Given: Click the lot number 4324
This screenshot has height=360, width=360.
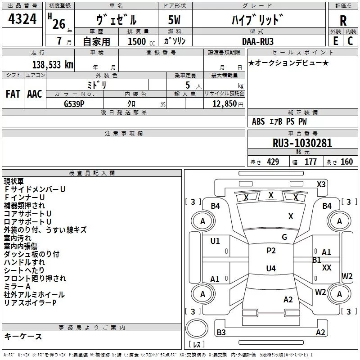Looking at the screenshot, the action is pyautogui.click(x=22, y=19).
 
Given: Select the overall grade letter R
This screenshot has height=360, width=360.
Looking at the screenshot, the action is pyautogui.click(x=343, y=21).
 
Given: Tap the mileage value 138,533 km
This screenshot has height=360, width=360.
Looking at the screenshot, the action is pyautogui.click(x=53, y=65).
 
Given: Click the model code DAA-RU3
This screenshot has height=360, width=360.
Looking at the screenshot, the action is pyautogui.click(x=258, y=41).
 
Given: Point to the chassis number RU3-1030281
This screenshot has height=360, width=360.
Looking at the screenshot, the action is pyautogui.click(x=302, y=143).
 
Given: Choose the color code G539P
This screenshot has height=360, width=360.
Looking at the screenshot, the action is pyautogui.click(x=74, y=104).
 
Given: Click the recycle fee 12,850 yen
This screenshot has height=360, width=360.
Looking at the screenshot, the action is pyautogui.click(x=228, y=104).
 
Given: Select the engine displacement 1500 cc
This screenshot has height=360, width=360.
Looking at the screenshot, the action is pyautogui.click(x=141, y=41).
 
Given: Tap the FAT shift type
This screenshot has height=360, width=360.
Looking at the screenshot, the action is pyautogui.click(x=13, y=94).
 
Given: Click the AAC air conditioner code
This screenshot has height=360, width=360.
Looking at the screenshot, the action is pyautogui.click(x=35, y=94).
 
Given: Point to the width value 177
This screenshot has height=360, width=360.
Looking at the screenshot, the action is pyautogui.click(x=310, y=162).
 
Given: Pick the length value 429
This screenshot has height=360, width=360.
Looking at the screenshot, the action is pyautogui.click(x=273, y=162).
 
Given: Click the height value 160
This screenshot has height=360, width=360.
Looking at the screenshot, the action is pyautogui.click(x=346, y=162).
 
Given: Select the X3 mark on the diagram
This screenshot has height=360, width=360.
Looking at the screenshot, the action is pyautogui.click(x=321, y=184).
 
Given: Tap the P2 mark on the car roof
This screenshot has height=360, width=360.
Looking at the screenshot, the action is pyautogui.click(x=271, y=251).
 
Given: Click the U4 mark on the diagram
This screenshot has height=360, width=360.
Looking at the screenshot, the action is pyautogui.click(x=271, y=268).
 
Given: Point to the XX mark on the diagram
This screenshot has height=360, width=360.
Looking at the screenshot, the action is pyautogui.click(x=327, y=267).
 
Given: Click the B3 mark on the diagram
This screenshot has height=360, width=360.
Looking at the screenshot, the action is pyautogui.click(x=221, y=332).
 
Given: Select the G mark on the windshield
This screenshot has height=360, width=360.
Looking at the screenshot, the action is pyautogui.click(x=284, y=237).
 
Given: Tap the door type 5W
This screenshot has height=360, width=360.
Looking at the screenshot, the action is pyautogui.click(x=174, y=20).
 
